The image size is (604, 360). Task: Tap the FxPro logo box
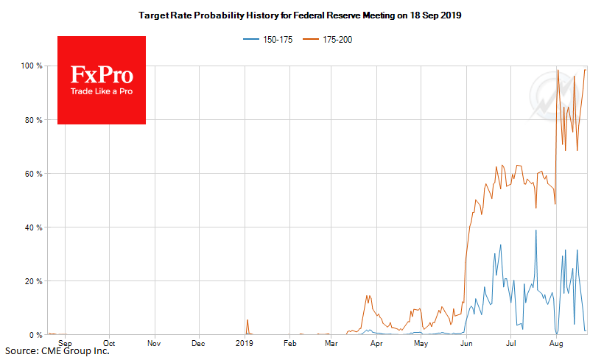(102, 80)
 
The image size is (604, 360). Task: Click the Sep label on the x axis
(65, 343)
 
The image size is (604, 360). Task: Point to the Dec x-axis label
(198, 343)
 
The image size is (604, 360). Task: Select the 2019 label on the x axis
(244, 343)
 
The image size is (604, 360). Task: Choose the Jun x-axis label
(466, 343)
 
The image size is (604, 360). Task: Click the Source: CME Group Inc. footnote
(56, 351)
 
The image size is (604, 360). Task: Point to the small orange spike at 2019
(247, 320)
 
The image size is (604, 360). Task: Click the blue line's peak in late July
(536, 231)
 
